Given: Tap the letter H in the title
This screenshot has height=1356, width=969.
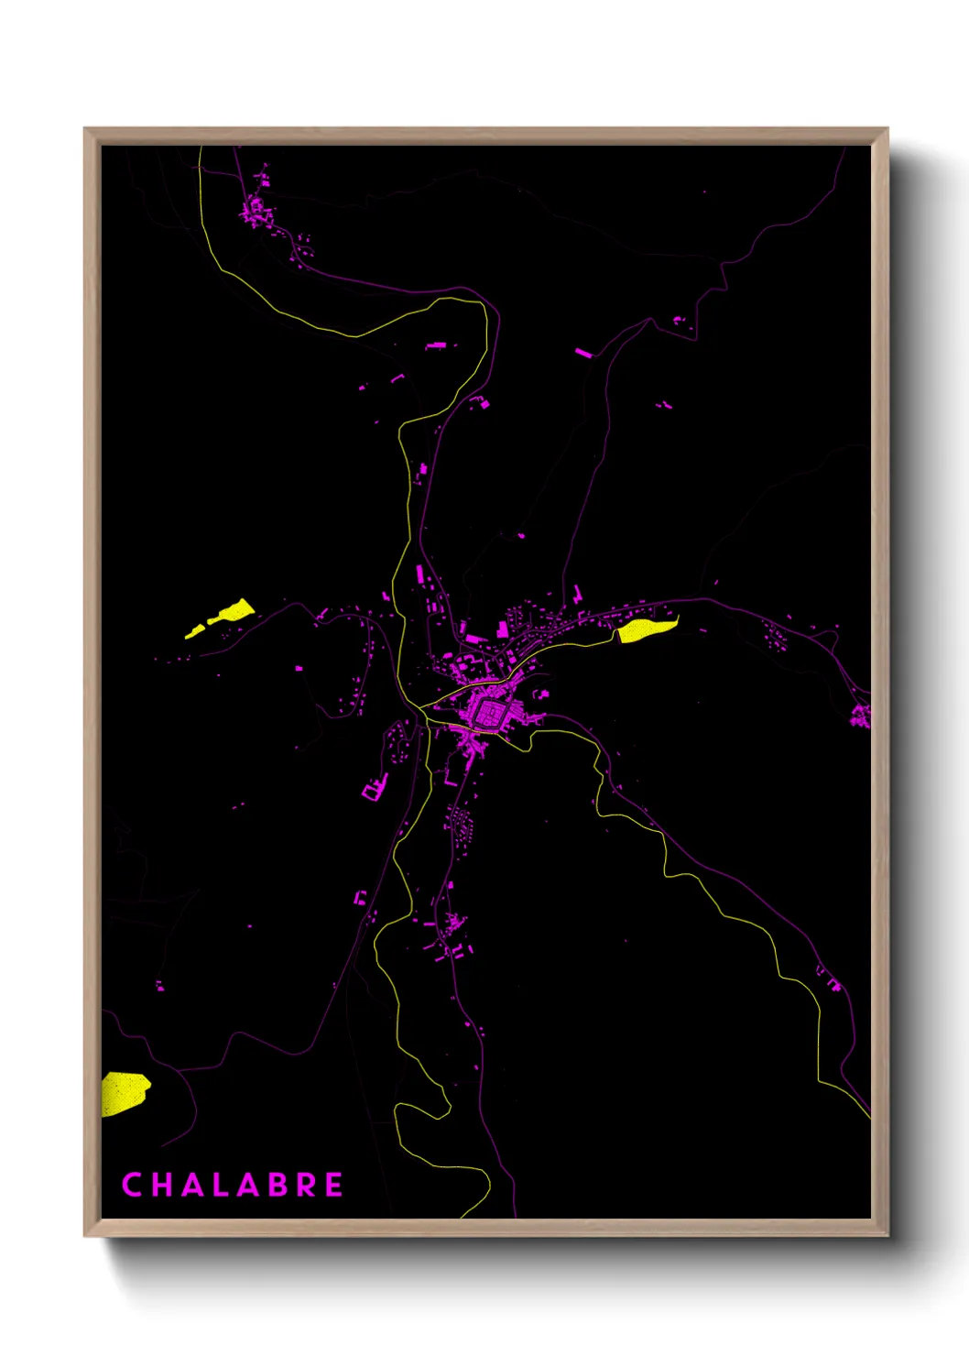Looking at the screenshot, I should [162, 1185].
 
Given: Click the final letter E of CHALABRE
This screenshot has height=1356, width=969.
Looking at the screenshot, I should [334, 1185].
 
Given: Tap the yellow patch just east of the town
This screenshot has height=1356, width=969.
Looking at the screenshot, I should [645, 629].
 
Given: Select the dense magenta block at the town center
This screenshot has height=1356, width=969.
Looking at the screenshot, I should [488, 712].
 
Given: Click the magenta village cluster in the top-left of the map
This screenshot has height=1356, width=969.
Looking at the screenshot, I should [257, 210].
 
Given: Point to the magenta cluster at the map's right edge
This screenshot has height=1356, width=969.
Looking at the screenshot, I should [860, 716].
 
